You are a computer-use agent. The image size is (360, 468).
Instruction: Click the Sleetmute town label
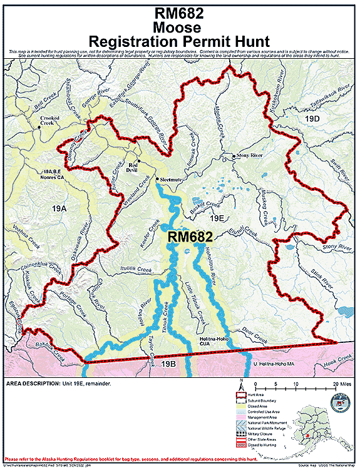point(170,180)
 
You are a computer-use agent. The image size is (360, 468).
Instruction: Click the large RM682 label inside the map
point(190,237)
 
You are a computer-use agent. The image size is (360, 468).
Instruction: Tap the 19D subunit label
point(312,117)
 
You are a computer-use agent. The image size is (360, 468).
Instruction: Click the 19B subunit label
point(168,364)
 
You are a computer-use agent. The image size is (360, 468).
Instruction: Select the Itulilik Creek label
point(136,270)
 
